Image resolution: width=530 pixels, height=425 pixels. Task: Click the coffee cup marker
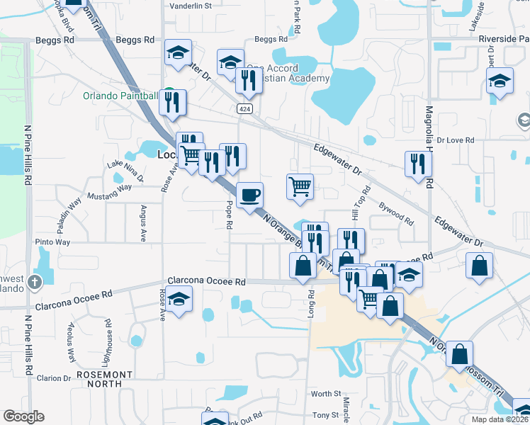click(x=249, y=195)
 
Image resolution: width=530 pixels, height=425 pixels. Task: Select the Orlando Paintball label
click(x=120, y=96)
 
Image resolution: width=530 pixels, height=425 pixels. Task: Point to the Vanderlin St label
click(x=191, y=6)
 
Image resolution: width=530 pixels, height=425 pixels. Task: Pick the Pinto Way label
click(x=53, y=242)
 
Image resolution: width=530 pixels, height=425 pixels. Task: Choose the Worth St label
click(x=326, y=394)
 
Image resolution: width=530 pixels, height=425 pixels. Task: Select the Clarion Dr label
click(x=55, y=378)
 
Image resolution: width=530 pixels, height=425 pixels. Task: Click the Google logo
click(x=23, y=416)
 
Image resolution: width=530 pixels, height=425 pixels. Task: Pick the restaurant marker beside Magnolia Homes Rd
click(x=417, y=163)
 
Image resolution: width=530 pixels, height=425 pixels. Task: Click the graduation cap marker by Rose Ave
click(x=179, y=298)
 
